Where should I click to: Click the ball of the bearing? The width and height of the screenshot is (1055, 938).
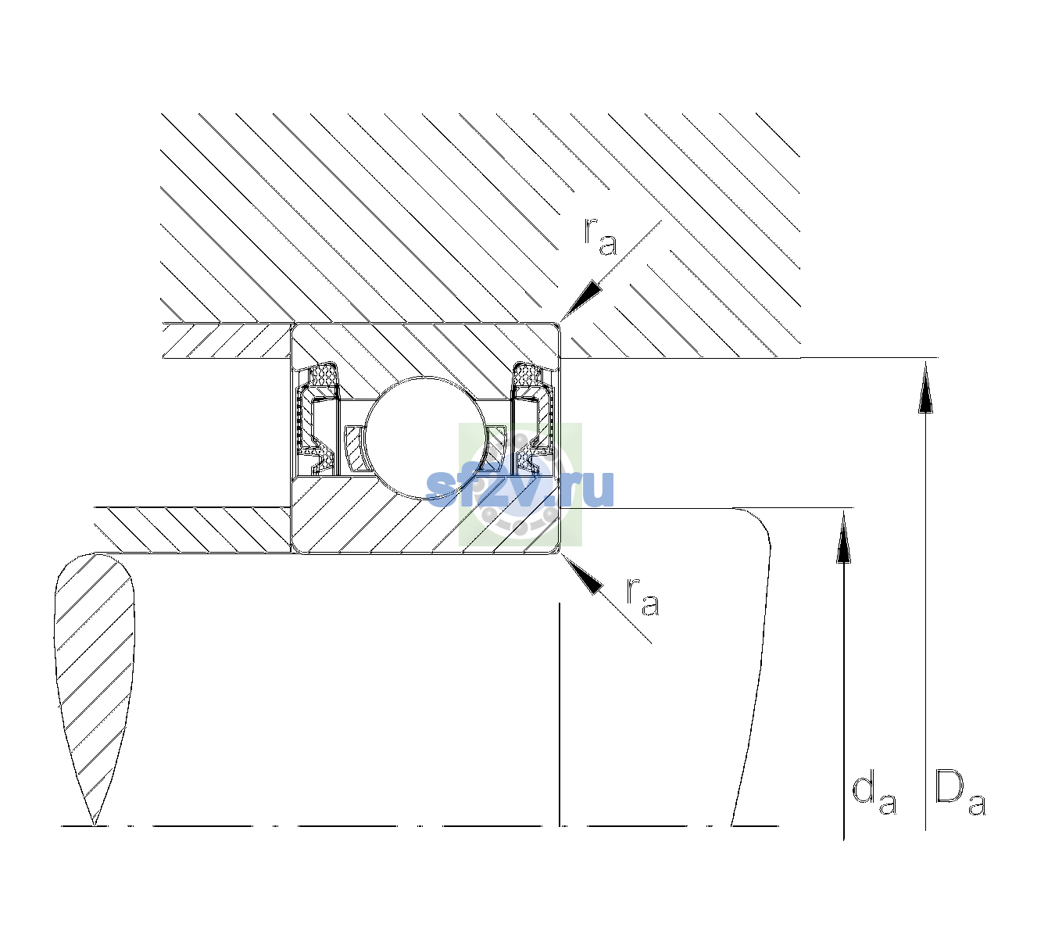pyautogui.click(x=427, y=438)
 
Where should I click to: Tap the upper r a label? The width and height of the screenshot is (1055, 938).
pyautogui.click(x=600, y=237)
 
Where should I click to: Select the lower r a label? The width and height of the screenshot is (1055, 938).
pyautogui.click(x=643, y=597)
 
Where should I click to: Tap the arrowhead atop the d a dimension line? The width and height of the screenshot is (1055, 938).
pyautogui.click(x=843, y=537)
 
